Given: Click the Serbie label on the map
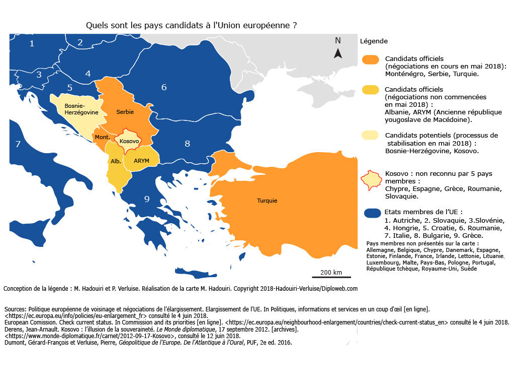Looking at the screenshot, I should click(125, 111).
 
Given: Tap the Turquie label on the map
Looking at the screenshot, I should click(267, 201).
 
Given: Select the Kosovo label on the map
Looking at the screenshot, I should click(129, 141).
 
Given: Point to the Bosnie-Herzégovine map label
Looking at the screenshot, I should click(74, 109).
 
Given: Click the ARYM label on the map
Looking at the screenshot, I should click(142, 160).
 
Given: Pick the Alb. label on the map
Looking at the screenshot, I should click(116, 161).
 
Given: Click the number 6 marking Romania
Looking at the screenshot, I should click(164, 87).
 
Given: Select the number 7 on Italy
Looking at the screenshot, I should click(18, 144).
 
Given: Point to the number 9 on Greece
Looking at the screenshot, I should click(147, 199).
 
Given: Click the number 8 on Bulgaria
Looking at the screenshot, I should click(187, 144).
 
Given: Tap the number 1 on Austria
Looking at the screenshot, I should click(32, 43).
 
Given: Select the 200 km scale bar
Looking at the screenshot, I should click(330, 276).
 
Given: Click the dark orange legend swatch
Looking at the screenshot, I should click(370, 59).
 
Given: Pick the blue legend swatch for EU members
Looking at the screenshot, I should click(371, 213).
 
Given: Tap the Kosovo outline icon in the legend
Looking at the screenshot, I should click(372, 180).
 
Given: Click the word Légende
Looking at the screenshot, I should click(373, 41).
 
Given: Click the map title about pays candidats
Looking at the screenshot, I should click(191, 25).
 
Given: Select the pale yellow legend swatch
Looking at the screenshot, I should click(370, 136).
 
